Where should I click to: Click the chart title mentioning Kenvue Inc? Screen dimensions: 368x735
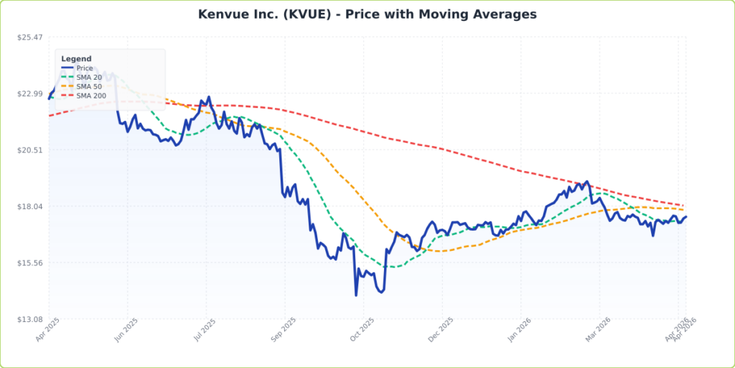(x=367, y=14)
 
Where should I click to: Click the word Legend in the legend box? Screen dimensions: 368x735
(x=76, y=59)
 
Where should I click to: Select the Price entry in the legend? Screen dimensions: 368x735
(x=85, y=68)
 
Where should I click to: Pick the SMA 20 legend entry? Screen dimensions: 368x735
(x=89, y=78)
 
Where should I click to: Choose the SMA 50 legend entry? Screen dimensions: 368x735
(x=89, y=86)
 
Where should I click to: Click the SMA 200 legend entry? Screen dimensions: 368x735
(x=91, y=96)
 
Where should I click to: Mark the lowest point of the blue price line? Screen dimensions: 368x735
(x=356, y=295)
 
